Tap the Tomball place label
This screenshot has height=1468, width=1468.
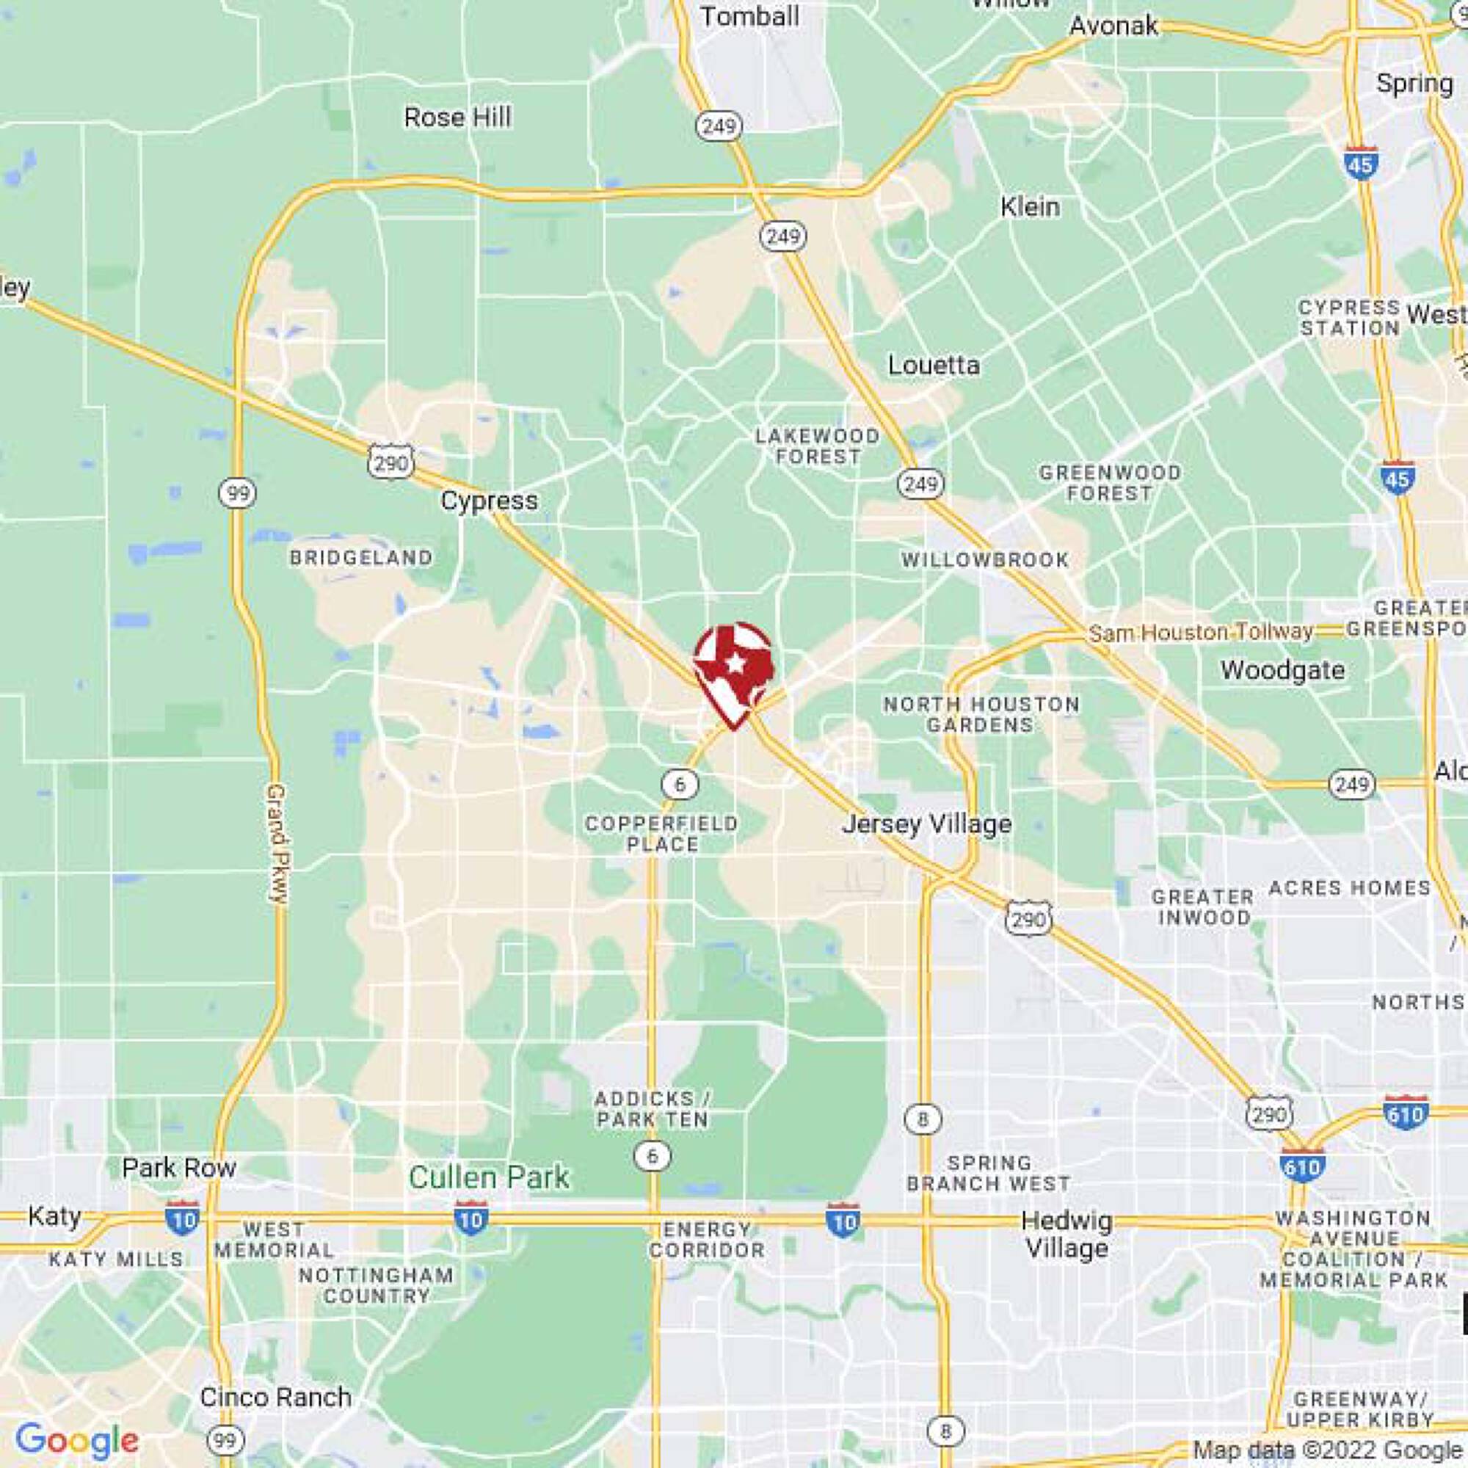[749, 16]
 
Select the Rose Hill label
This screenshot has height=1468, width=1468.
[457, 117]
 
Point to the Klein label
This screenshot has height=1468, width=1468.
[1030, 206]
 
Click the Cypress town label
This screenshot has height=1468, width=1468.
[490, 501]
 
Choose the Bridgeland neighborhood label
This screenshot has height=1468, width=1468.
[361, 558]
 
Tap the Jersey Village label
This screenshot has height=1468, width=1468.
[927, 824]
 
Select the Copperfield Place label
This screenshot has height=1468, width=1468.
[662, 834]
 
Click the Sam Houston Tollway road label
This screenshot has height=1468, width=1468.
[1202, 631]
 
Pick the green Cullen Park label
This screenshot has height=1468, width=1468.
[489, 1177]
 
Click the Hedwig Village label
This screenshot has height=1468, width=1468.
[1067, 1234]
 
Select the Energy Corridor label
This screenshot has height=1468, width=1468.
[707, 1239]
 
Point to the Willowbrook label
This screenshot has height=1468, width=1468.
[986, 560]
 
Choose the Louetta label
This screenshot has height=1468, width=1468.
[934, 366]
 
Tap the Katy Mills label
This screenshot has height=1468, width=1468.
[116, 1260]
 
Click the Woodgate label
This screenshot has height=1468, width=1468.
[1282, 670]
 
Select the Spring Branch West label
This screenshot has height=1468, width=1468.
[989, 1173]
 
